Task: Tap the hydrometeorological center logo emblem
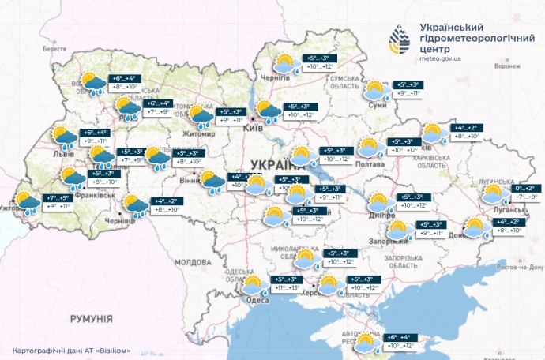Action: coord(400,39)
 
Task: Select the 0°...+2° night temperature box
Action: coord(524,188)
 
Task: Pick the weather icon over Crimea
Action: coord(367,344)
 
